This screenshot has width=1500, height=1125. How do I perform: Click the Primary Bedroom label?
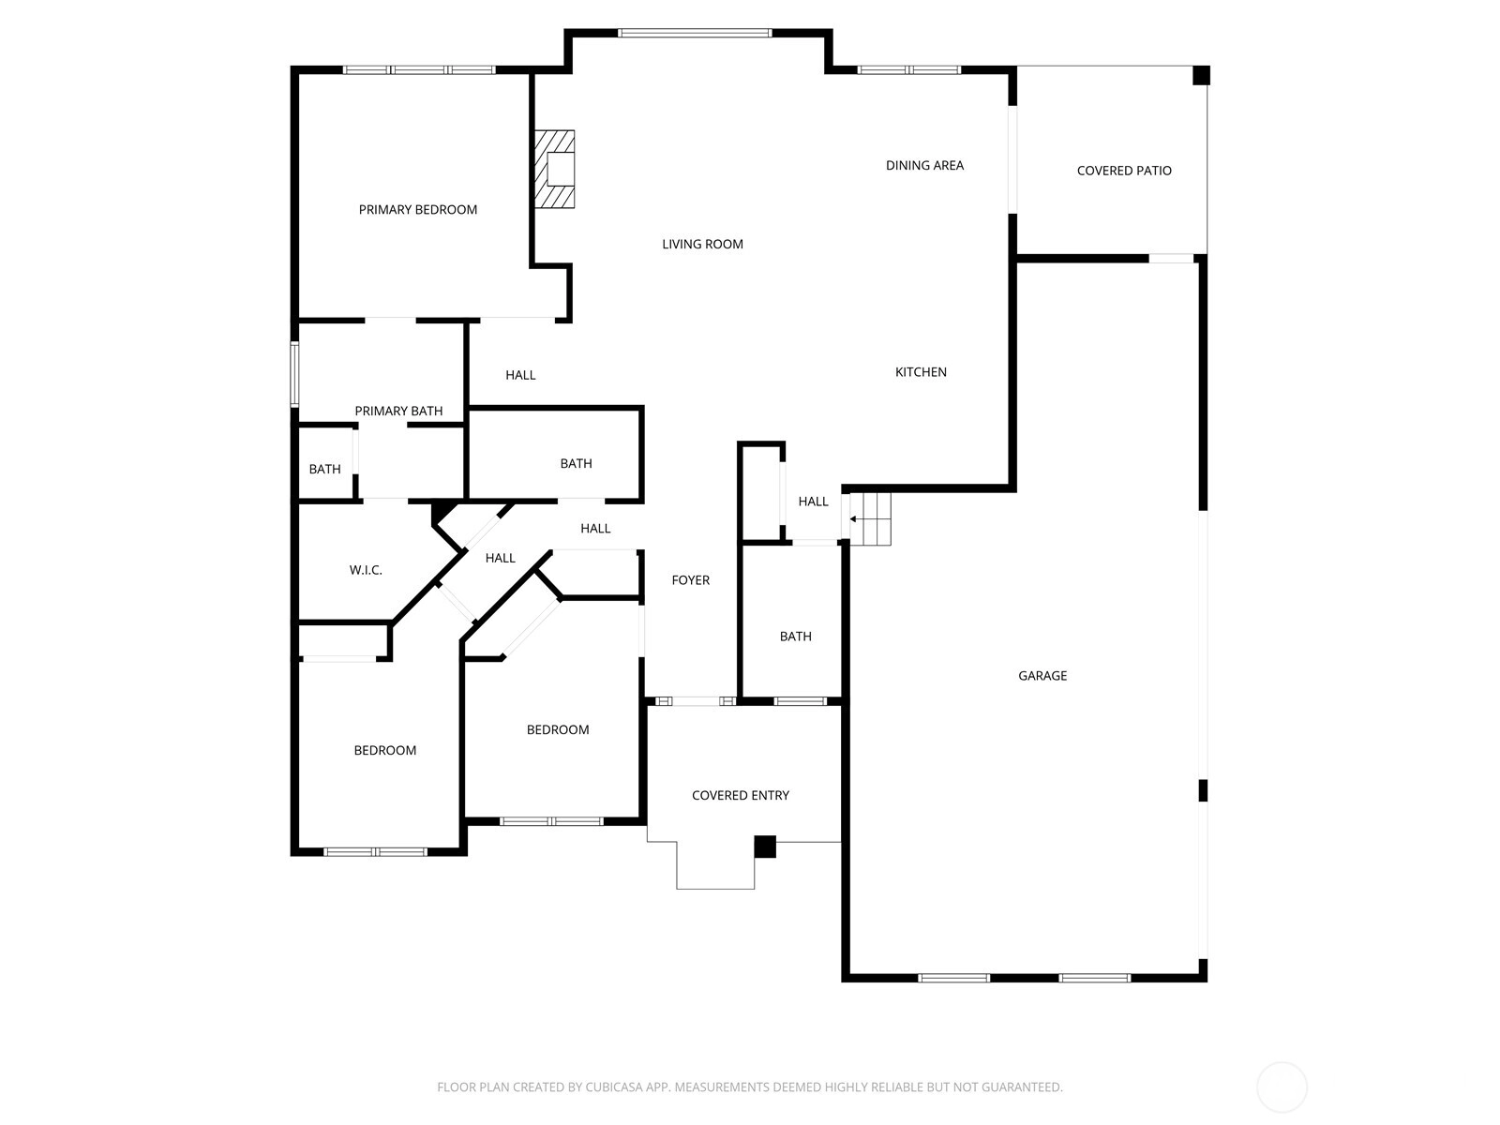coord(417,210)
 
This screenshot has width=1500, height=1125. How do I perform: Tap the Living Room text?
coord(702,244)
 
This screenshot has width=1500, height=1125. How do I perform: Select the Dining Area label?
coord(924,165)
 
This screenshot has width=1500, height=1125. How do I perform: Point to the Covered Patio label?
coord(1124,171)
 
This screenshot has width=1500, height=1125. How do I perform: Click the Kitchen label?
coord(921,372)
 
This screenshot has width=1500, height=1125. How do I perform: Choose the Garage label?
coord(1042,676)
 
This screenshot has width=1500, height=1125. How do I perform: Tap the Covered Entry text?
coord(740,795)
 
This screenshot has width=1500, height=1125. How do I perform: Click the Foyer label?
coord(690,580)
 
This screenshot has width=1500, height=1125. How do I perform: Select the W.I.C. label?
coord(366,570)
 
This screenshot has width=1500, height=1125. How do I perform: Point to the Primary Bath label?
coord(398,411)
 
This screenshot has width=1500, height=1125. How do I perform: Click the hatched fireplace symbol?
coord(554,170)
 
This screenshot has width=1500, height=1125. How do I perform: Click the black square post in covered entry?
coord(765,847)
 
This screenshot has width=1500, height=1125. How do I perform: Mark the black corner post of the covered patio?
coord(1201,75)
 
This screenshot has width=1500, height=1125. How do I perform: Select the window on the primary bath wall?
coord(294,374)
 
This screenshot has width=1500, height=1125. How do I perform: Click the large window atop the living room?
coord(695,33)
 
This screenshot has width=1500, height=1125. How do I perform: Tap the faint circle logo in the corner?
coord(1282,1087)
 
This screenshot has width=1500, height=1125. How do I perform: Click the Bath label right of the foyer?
coord(795,637)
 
